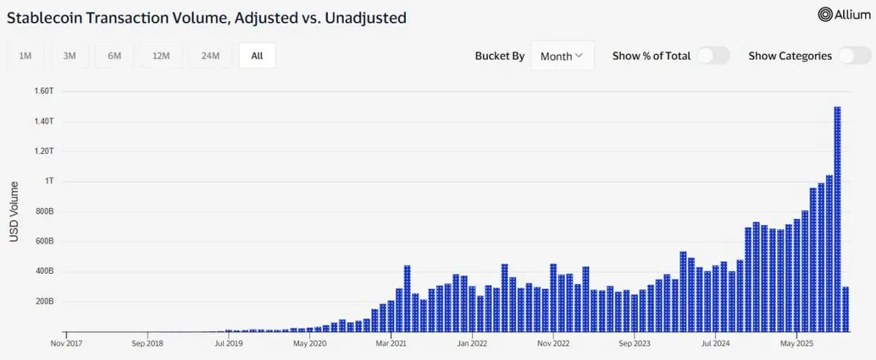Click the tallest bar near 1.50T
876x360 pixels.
[837, 219]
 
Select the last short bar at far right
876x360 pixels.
[845, 309]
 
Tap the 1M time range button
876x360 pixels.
[26, 55]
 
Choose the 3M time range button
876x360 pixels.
[70, 55]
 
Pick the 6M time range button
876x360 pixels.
[115, 55]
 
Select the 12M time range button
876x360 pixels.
[161, 55]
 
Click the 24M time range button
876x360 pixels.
[210, 55]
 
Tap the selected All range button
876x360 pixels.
[257, 55]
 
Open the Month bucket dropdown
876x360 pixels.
[561, 55]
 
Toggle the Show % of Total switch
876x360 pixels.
[712, 55]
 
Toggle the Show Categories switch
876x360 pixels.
[854, 55]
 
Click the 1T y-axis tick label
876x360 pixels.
[49, 181]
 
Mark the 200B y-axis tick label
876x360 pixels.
[45, 302]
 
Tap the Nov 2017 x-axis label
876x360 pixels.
[67, 342]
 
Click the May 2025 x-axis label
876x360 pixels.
[796, 342]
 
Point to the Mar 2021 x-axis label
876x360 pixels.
[392, 342]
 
